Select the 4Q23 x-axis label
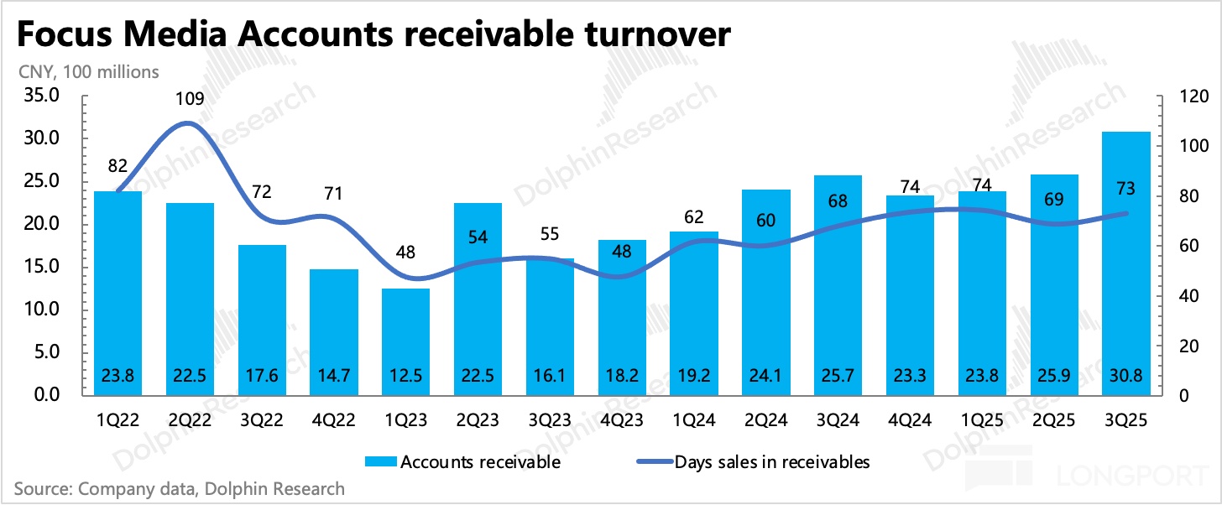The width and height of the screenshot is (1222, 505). coord(622,417)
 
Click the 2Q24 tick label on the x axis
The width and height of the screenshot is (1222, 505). coord(765,417)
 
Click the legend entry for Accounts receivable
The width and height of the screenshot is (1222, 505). coord(462,461)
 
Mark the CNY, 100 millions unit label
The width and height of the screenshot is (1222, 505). coord(88,72)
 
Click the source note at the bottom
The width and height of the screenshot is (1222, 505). coord(179,488)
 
